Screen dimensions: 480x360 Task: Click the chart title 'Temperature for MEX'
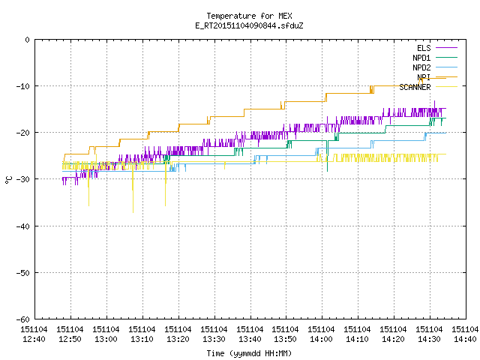tap(249, 16)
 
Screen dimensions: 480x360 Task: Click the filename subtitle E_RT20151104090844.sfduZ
tap(249, 25)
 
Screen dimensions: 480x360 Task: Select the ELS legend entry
tap(436, 48)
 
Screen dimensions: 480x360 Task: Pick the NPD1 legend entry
tap(435, 58)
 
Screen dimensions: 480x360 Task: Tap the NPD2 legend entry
tap(435, 67)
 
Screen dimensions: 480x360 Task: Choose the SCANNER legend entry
tap(428, 87)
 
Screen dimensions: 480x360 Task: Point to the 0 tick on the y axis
tap(27, 40)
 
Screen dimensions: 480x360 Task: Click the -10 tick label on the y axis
tap(23, 86)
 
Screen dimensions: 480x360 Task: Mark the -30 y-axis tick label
tap(23, 179)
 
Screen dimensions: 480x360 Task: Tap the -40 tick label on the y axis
tap(23, 226)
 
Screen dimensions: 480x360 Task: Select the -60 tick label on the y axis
tap(23, 319)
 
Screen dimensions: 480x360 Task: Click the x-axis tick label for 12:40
tap(34, 334)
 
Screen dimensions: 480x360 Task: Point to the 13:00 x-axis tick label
tap(106, 334)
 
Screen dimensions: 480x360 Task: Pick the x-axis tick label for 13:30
tap(214, 334)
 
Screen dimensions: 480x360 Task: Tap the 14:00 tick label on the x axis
tap(322, 334)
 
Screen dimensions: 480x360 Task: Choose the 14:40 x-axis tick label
tap(465, 334)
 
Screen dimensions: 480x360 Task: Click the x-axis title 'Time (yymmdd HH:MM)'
tap(249, 353)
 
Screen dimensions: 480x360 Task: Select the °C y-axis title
tap(8, 180)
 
